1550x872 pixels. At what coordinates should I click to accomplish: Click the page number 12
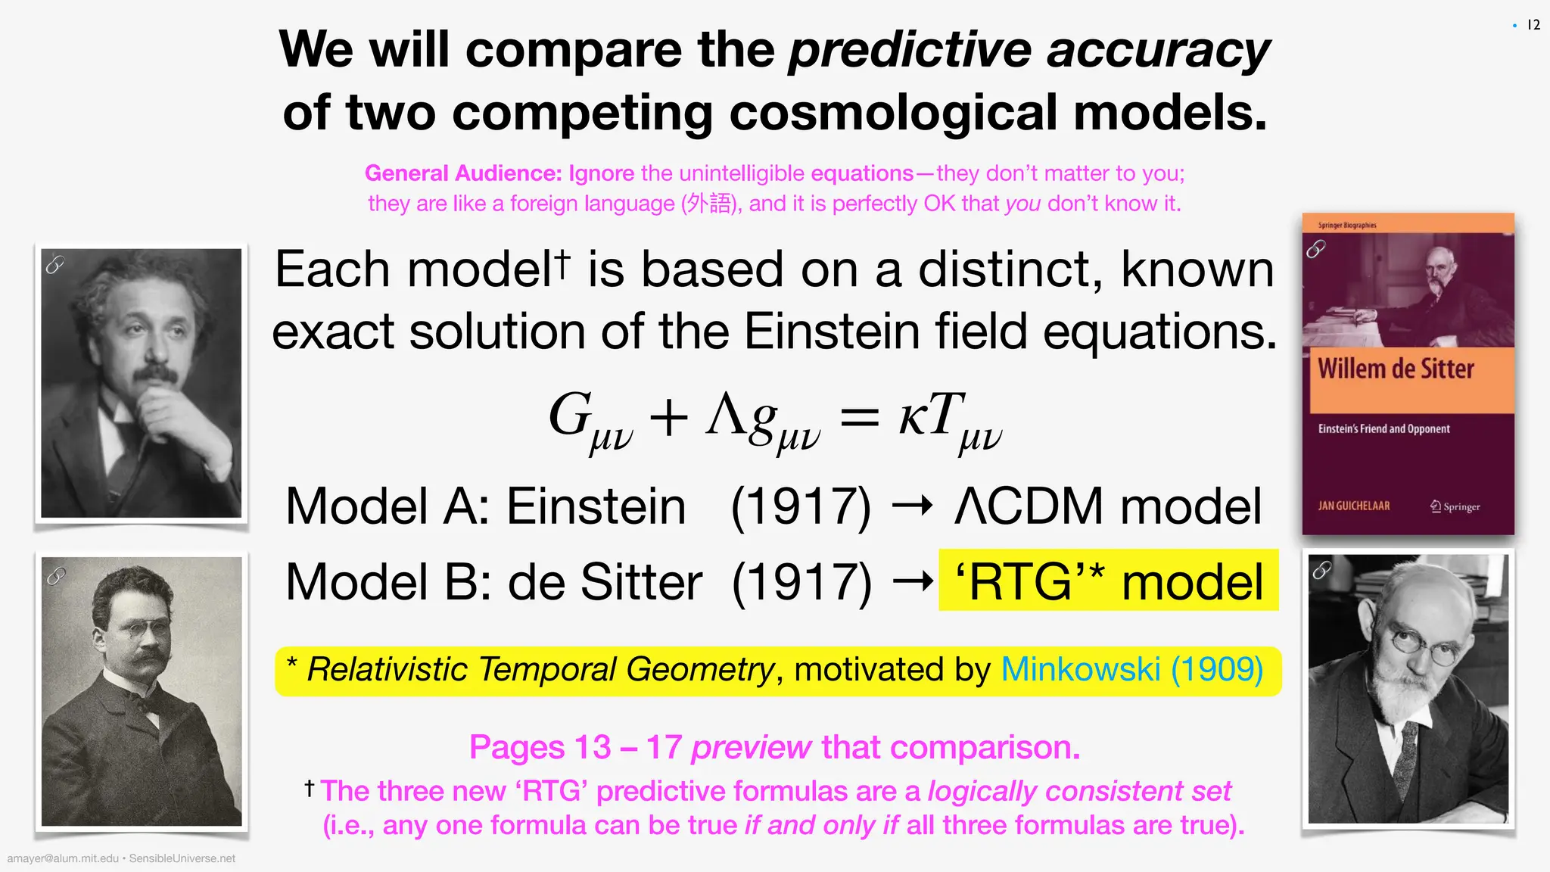[x=1533, y=25]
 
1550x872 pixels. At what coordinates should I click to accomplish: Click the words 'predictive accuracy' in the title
[x=1029, y=50]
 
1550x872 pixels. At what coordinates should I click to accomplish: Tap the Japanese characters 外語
[x=709, y=204]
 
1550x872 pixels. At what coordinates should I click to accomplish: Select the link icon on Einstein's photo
[x=55, y=264]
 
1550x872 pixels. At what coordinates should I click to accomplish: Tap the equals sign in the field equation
[x=860, y=418]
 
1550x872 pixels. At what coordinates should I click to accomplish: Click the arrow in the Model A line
[x=913, y=506]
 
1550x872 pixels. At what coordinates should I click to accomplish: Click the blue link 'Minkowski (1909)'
[x=1132, y=670]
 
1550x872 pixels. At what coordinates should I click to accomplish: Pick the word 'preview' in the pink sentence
[x=751, y=748]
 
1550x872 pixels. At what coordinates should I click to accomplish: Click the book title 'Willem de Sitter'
[x=1396, y=369]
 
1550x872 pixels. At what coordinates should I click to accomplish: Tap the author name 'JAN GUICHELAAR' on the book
[x=1353, y=506]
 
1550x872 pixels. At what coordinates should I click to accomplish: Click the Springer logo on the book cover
[x=1455, y=506]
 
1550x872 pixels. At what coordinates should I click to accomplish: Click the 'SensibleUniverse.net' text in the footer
[x=182, y=858]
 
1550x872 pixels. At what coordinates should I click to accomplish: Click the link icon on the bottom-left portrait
[x=56, y=576]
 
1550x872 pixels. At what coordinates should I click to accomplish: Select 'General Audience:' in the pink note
[x=463, y=173]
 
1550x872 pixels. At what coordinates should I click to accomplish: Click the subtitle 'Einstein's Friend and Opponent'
[x=1383, y=429]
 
